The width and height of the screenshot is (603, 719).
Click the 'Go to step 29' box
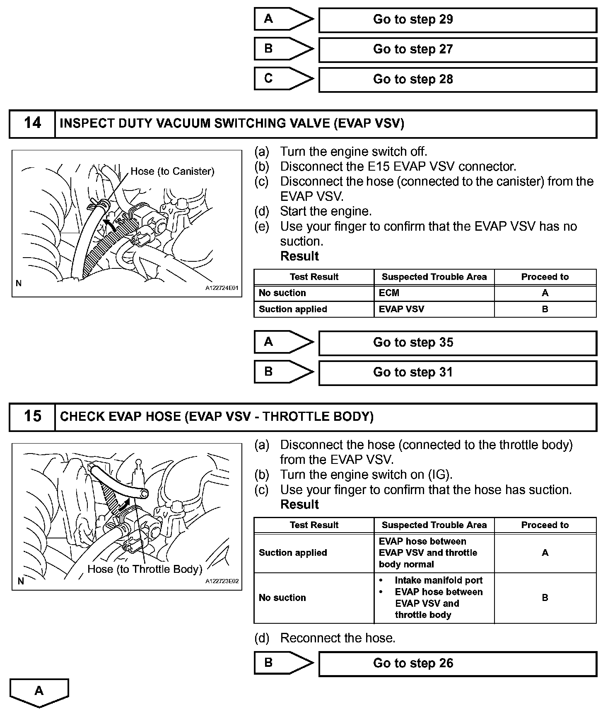(x=457, y=19)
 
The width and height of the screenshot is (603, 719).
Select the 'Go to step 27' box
(x=457, y=49)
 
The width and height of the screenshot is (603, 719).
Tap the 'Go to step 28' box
(x=457, y=79)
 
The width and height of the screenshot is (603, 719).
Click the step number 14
(x=32, y=123)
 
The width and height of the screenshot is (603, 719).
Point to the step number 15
(x=32, y=416)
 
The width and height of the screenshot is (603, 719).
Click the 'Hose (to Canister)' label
(x=172, y=171)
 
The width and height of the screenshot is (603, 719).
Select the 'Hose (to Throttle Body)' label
(x=145, y=569)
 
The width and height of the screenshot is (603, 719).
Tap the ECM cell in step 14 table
(x=389, y=293)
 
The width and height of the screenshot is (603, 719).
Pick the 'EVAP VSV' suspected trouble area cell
(x=401, y=309)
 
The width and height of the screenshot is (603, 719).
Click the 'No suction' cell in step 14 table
(x=282, y=293)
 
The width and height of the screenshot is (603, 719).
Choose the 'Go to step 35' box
(x=457, y=343)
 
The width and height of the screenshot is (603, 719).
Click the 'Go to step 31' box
(x=457, y=372)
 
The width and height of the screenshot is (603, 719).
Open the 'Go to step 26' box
(x=457, y=663)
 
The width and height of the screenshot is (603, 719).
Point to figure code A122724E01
(x=222, y=288)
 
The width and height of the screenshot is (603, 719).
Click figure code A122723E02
(x=222, y=581)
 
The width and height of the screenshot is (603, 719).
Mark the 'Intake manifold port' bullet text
(x=439, y=580)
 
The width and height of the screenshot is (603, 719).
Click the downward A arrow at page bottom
(x=39, y=692)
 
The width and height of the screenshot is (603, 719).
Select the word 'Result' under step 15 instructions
(x=299, y=504)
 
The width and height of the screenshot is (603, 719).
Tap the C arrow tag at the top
(x=283, y=79)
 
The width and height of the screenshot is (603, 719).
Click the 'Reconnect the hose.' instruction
(x=338, y=638)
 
